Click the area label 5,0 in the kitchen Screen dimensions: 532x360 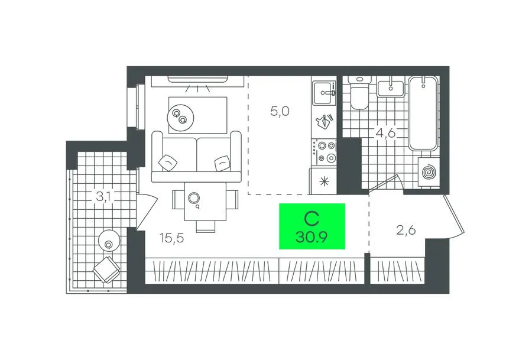click(280, 111)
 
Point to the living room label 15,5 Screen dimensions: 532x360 click(172, 238)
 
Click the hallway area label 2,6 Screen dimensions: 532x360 click(406, 231)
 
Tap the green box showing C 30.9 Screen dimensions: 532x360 click(312, 226)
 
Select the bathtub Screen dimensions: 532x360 click(423, 113)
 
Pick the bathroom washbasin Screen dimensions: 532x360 click(391, 88)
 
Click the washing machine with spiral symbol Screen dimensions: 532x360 click(429, 172)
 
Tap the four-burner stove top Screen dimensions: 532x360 click(324, 152)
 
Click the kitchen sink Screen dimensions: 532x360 click(324, 92)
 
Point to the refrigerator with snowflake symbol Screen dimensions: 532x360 click(323, 181)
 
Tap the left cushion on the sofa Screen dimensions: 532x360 click(168, 161)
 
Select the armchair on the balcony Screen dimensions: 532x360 click(107, 270)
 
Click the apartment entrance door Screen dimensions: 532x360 click(453, 215)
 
